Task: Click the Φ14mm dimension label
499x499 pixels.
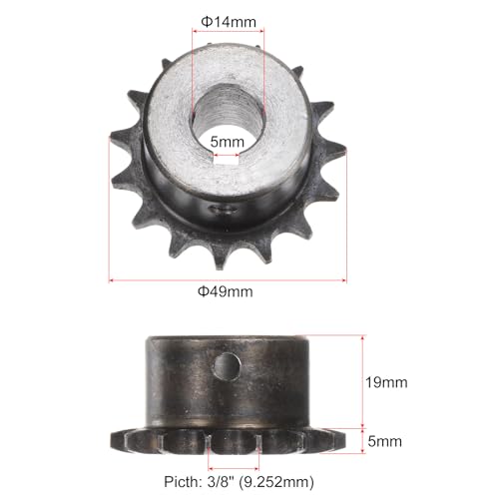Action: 228,20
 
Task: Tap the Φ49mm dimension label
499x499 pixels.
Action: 227,291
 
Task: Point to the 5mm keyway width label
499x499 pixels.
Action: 227,143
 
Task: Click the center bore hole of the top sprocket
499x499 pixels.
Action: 229,118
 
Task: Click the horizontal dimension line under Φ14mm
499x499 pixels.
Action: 228,34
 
